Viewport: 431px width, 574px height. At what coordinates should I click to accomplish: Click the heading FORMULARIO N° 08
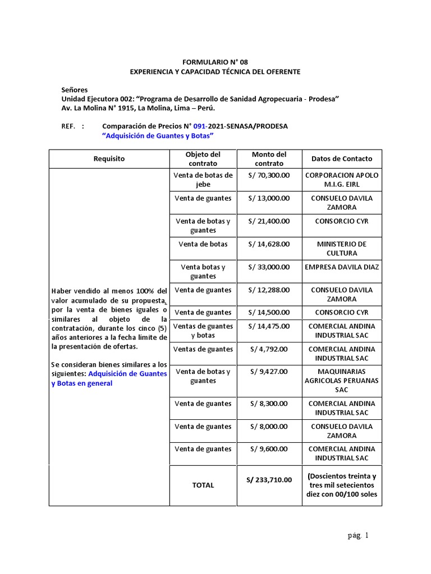click(215, 62)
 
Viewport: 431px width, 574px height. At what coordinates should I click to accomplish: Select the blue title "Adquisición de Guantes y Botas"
click(158, 136)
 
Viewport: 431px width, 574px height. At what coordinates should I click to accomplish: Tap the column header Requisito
click(109, 159)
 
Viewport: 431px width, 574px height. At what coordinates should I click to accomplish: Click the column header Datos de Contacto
click(341, 159)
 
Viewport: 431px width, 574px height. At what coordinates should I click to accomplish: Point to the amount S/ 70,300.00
click(269, 175)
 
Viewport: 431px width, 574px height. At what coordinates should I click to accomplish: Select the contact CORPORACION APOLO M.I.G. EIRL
click(341, 179)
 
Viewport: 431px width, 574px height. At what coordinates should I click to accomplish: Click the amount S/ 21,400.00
click(269, 221)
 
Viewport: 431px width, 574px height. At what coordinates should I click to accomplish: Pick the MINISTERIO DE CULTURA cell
click(341, 248)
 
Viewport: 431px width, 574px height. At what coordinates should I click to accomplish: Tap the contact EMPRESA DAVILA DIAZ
click(341, 267)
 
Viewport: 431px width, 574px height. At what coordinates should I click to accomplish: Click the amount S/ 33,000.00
click(269, 267)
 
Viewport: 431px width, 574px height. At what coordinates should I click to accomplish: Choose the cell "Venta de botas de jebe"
click(203, 179)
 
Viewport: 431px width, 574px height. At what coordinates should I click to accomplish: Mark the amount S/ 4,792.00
click(269, 349)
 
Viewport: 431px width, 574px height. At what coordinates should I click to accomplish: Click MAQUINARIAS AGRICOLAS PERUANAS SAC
click(341, 380)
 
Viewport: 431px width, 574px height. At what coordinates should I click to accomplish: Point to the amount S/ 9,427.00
click(269, 372)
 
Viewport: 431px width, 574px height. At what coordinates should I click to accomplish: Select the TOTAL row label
click(203, 485)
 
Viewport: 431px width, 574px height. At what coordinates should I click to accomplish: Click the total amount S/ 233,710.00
click(269, 480)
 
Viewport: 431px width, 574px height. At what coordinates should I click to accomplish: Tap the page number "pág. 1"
click(358, 535)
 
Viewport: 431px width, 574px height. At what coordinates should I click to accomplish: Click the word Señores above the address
click(74, 90)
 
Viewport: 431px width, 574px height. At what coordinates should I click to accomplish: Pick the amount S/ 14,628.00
click(269, 244)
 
